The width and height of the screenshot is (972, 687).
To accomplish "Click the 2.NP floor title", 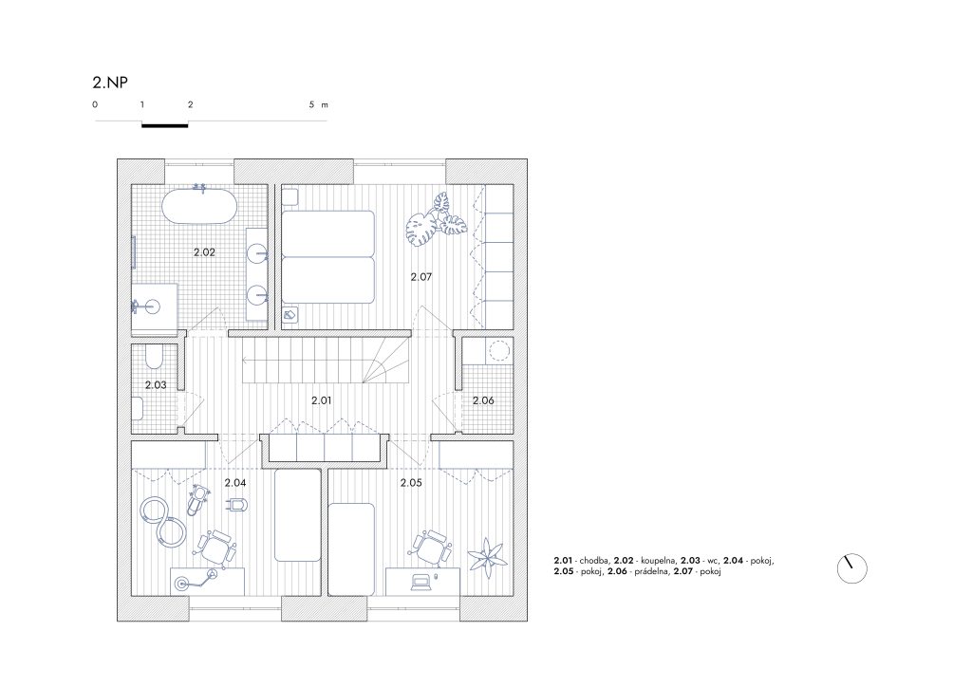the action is tap(110, 83).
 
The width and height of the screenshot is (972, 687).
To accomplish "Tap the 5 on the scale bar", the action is tap(311, 104).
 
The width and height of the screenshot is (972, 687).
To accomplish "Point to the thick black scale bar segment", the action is tap(165, 126).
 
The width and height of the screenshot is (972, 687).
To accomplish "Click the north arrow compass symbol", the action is tap(851, 568).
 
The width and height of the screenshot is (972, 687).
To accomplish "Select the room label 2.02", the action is tap(204, 252).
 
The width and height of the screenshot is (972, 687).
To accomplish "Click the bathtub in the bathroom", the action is tap(199, 208).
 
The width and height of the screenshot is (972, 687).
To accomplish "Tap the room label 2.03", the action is tap(156, 384).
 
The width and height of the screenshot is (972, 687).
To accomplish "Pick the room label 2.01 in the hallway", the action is tap(321, 400).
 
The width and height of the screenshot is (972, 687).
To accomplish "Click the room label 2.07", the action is tap(421, 277).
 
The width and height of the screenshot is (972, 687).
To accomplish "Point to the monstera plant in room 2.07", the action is tap(436, 220).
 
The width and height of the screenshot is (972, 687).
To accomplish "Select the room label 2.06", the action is tap(483, 400).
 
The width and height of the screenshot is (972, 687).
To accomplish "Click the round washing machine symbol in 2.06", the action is tap(499, 351).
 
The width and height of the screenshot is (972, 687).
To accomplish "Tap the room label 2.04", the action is tap(235, 483).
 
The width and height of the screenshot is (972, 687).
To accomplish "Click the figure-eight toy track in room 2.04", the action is tap(162, 522).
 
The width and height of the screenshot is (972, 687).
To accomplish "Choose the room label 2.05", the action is tap(411, 483).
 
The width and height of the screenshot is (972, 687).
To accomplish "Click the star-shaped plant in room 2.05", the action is tap(489, 556).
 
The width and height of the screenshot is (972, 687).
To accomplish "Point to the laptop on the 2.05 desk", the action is tap(420, 581).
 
